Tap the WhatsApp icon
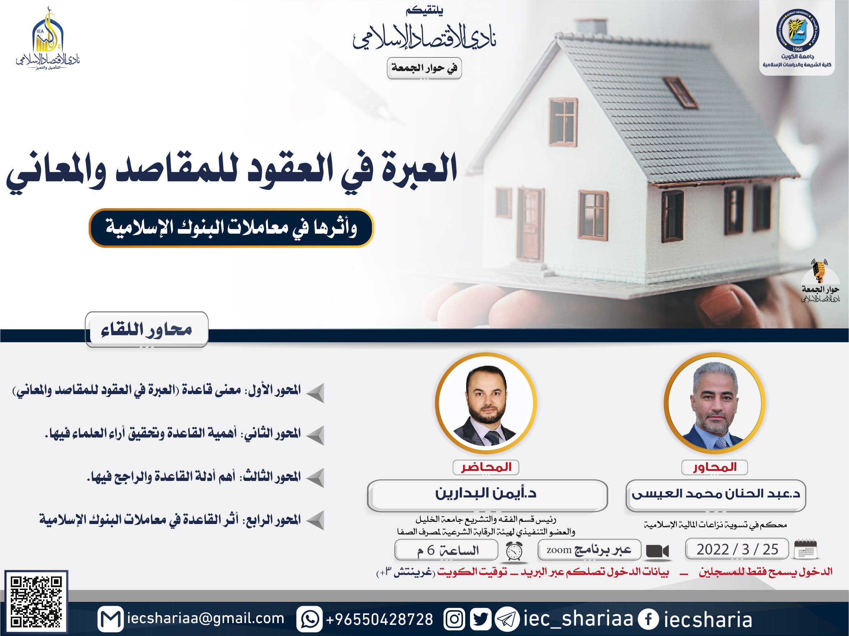click(309, 619)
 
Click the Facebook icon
click(648, 619)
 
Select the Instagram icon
click(454, 619)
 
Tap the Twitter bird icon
click(480, 619)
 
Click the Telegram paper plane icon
click(507, 619)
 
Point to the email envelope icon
click(111, 619)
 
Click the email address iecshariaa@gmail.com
click(206, 618)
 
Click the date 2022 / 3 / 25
click(737, 549)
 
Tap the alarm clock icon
click(514, 551)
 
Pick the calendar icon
click(805, 549)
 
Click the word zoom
click(559, 550)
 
